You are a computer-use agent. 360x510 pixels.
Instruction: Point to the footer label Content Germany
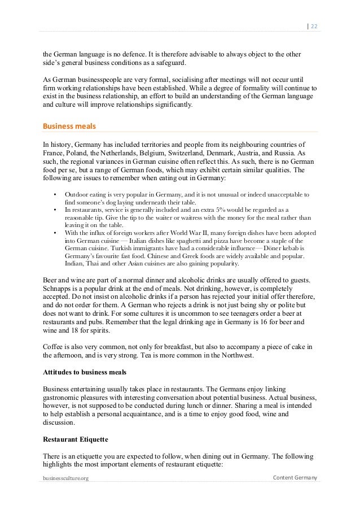click(x=294, y=478)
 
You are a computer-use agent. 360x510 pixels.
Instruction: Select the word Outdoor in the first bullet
click(x=77, y=194)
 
